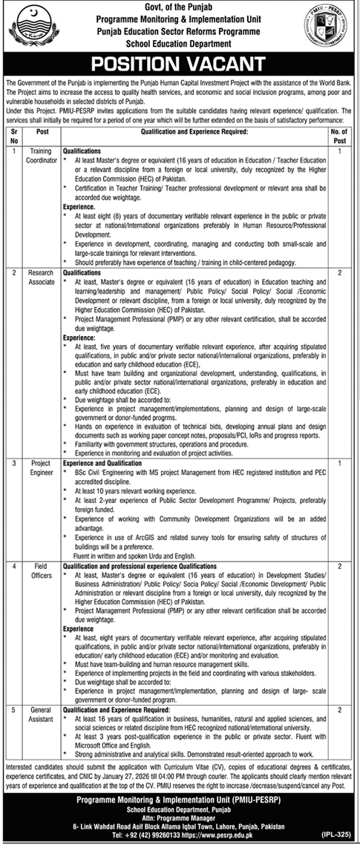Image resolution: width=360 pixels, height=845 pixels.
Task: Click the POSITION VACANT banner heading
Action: coord(180,62)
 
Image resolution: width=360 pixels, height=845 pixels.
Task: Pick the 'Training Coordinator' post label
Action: coord(42,155)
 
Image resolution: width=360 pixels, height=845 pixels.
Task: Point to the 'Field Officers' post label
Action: coord(42,571)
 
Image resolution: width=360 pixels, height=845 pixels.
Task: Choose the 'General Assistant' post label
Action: coord(42,715)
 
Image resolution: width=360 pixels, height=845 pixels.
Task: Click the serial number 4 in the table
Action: coord(13,565)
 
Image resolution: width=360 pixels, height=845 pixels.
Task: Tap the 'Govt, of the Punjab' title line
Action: coord(180,7)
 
